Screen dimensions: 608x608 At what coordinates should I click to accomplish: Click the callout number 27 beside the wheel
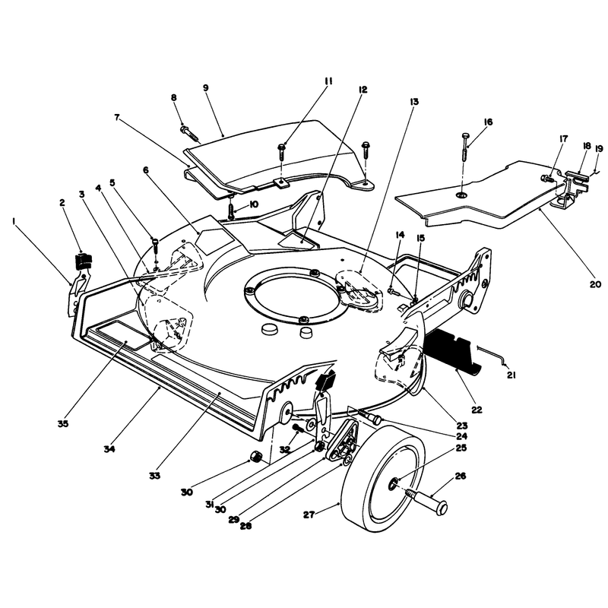click(x=309, y=515)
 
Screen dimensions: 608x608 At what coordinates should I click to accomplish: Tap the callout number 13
click(x=414, y=102)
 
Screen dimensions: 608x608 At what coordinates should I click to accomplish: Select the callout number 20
click(x=596, y=284)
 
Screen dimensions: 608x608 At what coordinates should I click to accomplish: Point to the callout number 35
click(x=63, y=424)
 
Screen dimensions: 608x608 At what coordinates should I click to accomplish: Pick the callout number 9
click(x=205, y=87)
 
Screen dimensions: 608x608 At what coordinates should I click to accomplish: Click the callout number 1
click(x=14, y=221)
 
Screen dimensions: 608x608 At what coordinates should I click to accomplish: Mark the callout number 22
click(x=477, y=410)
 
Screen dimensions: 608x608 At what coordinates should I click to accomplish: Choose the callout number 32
click(x=285, y=449)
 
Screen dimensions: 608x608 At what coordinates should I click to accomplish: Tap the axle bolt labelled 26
click(x=426, y=500)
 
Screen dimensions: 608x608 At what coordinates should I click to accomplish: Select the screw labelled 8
click(x=189, y=132)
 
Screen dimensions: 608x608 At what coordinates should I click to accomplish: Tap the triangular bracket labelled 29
click(x=341, y=442)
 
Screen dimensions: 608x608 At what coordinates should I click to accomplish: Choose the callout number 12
click(x=363, y=90)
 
